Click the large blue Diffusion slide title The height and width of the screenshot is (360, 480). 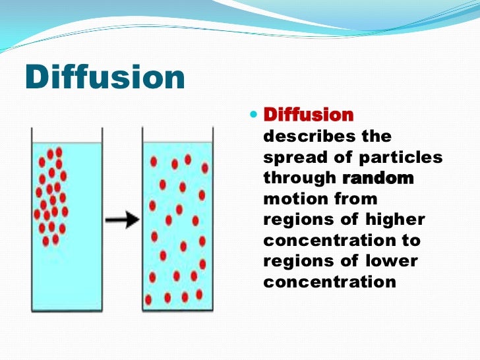click(x=104, y=78)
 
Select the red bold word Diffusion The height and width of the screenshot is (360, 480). click(x=309, y=115)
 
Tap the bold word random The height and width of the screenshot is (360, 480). click(x=378, y=178)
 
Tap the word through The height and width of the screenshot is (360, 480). click(x=300, y=178)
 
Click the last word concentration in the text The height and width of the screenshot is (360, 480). click(x=330, y=282)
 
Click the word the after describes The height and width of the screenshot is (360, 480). click(x=376, y=136)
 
